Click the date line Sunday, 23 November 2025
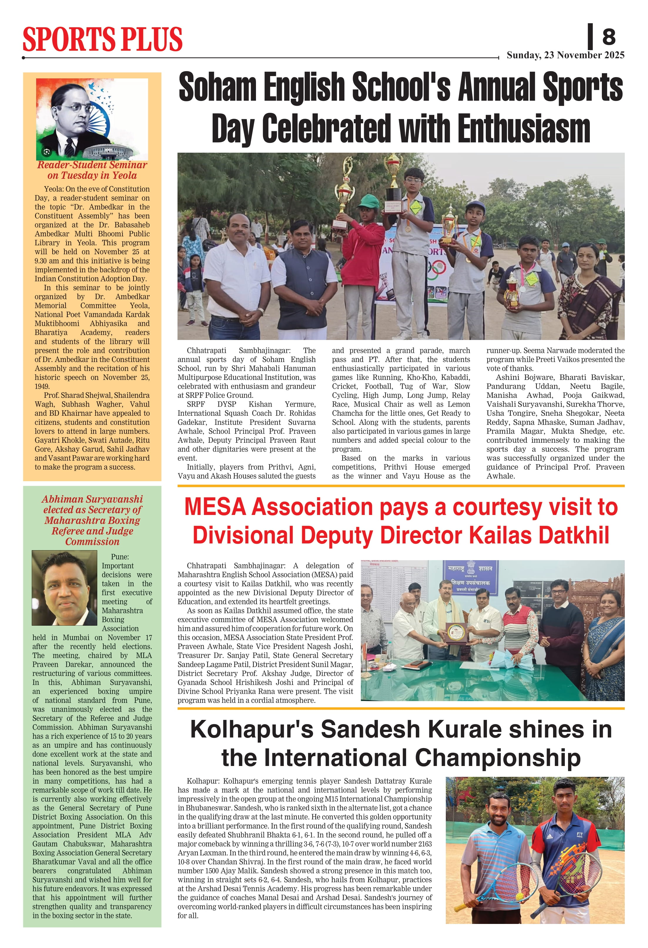[565, 55]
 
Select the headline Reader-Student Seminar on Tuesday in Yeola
[92, 170]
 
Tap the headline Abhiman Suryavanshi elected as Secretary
[92, 520]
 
